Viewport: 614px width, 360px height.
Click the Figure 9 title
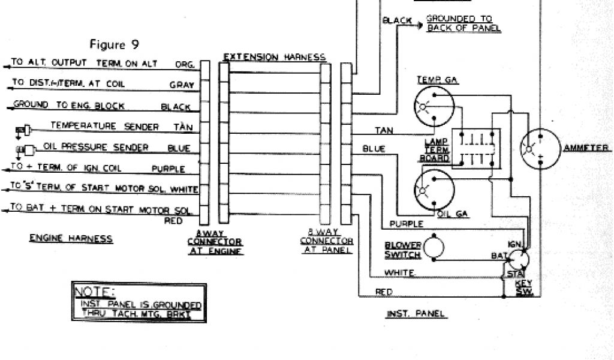pyautogui.click(x=116, y=44)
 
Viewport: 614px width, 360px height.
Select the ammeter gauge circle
pyautogui.click(x=539, y=148)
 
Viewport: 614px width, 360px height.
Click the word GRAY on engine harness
pyautogui.click(x=181, y=85)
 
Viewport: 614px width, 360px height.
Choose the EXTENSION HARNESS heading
pyautogui.click(x=274, y=58)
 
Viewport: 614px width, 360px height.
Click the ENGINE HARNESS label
pyautogui.click(x=71, y=238)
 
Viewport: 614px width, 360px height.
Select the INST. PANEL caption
pyautogui.click(x=416, y=313)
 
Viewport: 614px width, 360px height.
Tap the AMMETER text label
pyautogui.click(x=586, y=148)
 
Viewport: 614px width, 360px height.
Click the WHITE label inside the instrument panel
pyautogui.click(x=401, y=272)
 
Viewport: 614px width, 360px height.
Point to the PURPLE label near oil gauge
pyautogui.click(x=406, y=224)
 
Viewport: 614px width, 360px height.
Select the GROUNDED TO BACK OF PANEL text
pyautogui.click(x=463, y=23)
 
